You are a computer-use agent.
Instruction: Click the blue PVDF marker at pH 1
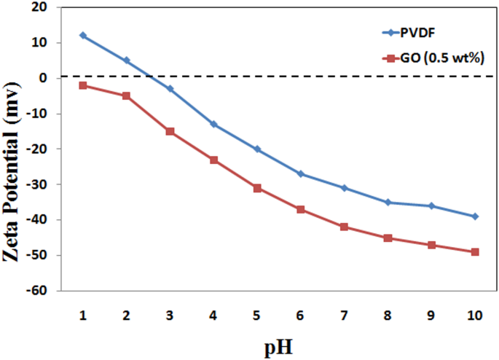[83, 35]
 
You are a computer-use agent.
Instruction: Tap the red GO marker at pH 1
[83, 85]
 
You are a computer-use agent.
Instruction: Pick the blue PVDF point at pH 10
[475, 216]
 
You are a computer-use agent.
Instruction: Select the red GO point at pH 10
[475, 252]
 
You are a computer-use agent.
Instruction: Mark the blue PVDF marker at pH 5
[257, 149]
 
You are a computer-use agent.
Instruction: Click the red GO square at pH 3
[170, 131]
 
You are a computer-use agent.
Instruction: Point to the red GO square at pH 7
[344, 227]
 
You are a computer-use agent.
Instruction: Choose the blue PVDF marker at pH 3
[170, 89]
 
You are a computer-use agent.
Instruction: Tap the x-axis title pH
[279, 348]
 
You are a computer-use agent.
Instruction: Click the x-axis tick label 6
[300, 315]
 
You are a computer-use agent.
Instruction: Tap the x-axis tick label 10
[475, 315]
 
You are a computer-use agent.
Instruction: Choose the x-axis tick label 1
[83, 315]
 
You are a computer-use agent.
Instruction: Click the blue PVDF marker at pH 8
[388, 202]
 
